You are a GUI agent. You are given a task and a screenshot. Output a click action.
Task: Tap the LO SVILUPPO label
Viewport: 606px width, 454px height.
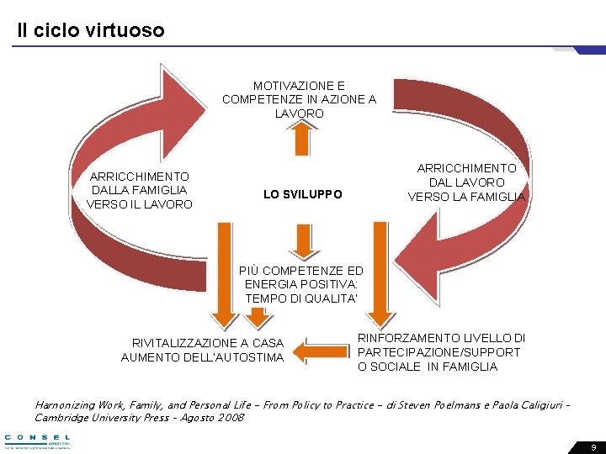tap(302, 194)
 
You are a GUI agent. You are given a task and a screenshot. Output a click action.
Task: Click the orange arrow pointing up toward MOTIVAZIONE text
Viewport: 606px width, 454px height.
tap(302, 137)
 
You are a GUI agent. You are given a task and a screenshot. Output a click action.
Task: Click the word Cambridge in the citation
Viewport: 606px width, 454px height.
tap(64, 418)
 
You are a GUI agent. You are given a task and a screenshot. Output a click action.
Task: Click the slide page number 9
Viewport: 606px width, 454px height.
tap(593, 447)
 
